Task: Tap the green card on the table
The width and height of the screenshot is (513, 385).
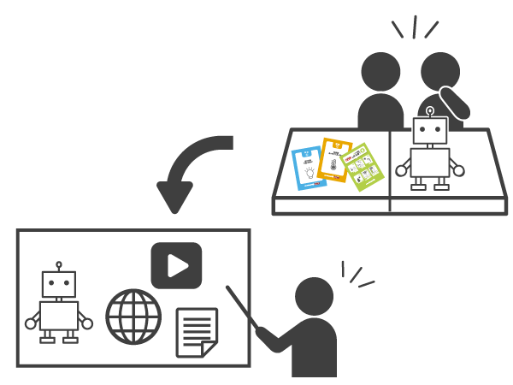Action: point(363,165)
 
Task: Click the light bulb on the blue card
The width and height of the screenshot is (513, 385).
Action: point(309,173)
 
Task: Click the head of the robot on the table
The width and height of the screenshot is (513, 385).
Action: point(430,131)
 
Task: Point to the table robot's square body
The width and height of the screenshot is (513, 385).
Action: point(430,162)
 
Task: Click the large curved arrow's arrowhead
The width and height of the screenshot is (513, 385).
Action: point(175,197)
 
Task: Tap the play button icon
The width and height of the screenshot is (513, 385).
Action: point(176,266)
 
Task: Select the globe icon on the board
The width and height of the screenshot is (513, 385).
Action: point(133,315)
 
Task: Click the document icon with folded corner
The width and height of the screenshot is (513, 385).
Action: point(196,332)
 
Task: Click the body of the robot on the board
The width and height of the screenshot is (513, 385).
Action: point(59,317)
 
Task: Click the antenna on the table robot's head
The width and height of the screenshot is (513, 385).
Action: point(430,110)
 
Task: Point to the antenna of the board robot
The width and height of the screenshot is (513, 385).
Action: point(59,265)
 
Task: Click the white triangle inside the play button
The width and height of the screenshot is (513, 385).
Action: point(177,266)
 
